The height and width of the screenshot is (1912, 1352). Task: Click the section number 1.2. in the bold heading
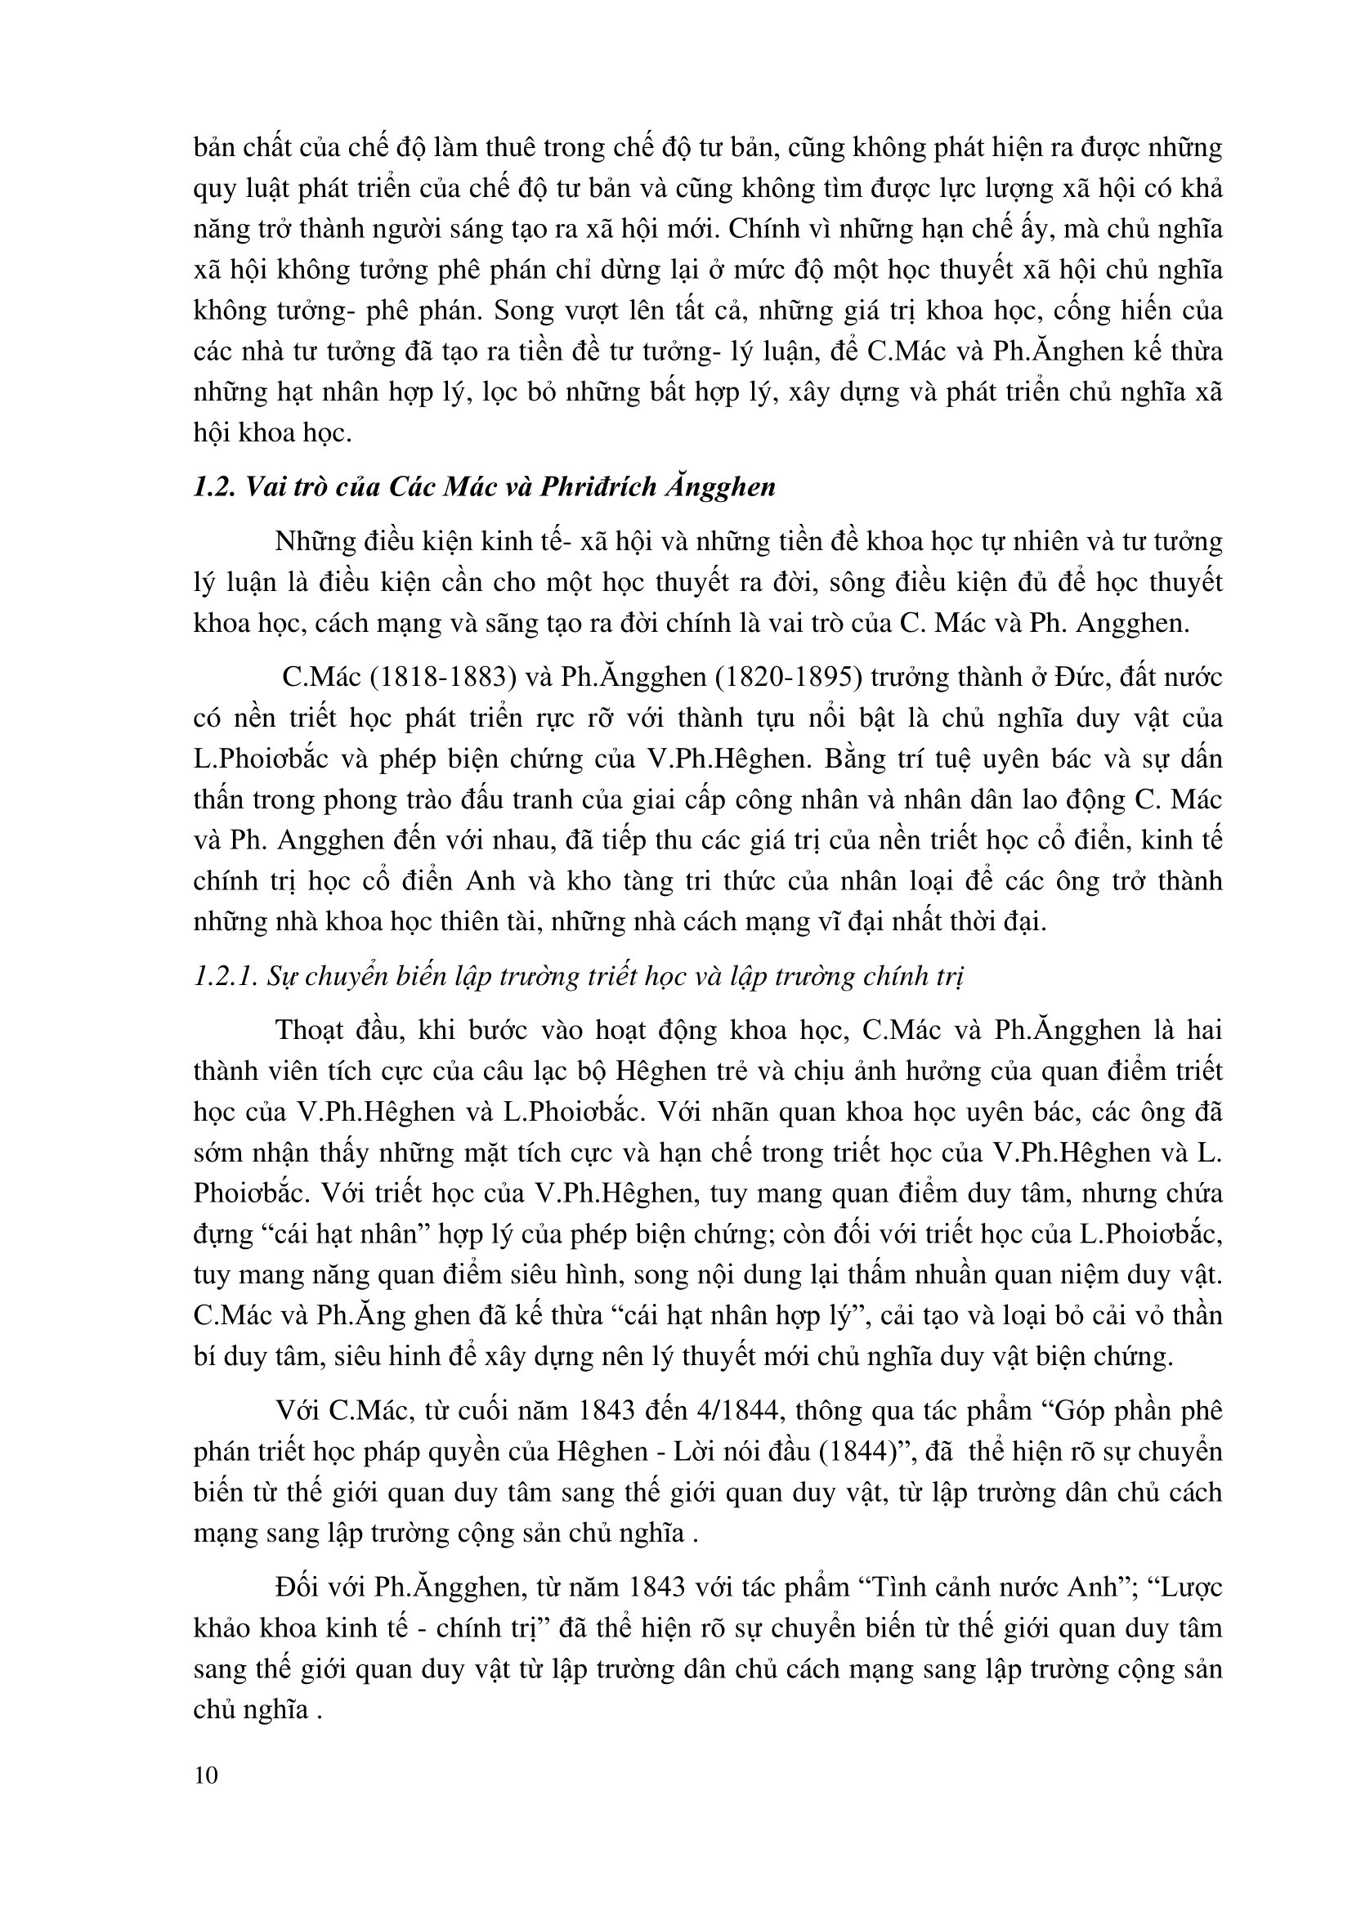(x=215, y=486)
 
